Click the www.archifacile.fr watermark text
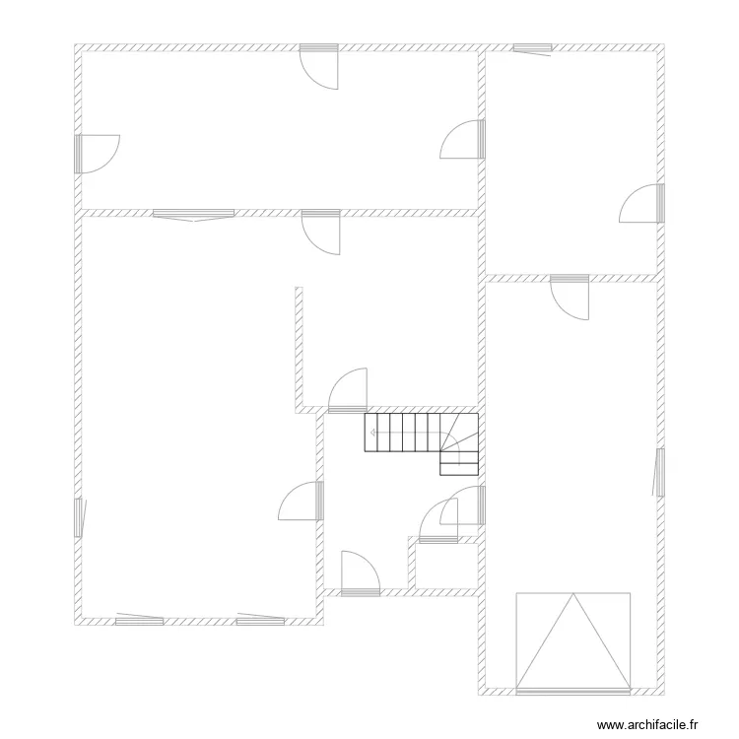[647, 724]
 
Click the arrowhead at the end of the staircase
[372, 433]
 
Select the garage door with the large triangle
[573, 643]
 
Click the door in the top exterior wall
[319, 67]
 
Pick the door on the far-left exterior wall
[98, 154]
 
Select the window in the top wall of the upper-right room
[532, 49]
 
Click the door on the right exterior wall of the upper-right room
[641, 203]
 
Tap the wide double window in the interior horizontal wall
[194, 215]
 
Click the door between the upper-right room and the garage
[570, 298]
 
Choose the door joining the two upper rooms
[462, 139]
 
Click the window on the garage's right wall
[659, 472]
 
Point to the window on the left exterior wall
[79, 517]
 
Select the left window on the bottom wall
[140, 620]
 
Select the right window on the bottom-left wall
[261, 620]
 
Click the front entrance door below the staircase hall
[361, 573]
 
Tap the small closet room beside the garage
[446, 566]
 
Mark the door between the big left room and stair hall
[301, 501]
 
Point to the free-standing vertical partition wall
[299, 347]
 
